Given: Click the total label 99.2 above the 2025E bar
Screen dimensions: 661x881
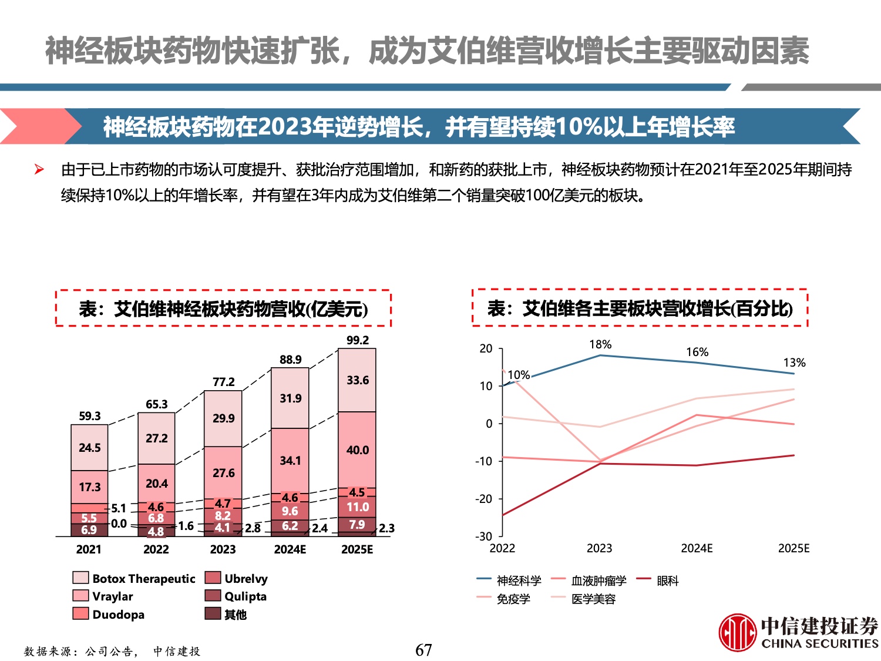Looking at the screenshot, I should (357, 340).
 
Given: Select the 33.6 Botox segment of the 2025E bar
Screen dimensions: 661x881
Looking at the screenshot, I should (357, 380).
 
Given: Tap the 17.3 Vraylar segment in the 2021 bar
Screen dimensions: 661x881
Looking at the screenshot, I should (89, 487).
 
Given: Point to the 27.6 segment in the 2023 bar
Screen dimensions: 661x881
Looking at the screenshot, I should (223, 473).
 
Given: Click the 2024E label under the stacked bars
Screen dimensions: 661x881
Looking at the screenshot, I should (290, 549).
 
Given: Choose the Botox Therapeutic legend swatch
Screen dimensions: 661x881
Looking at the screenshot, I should (80, 578).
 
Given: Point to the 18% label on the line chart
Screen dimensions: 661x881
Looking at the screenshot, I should (600, 344).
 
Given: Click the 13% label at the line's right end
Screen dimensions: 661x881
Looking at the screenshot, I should (794, 363).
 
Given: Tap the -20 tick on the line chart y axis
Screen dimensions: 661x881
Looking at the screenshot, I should (485, 499).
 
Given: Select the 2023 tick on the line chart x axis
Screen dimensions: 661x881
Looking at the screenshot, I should (599, 548).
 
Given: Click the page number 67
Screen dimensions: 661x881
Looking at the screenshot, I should (423, 650).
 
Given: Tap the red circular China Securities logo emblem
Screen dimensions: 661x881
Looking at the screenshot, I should (737, 632).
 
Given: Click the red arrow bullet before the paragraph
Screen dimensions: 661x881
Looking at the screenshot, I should (39, 170).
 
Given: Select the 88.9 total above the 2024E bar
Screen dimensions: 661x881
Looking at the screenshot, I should (290, 360).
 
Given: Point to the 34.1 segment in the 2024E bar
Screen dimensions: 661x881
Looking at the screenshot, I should (290, 460).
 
